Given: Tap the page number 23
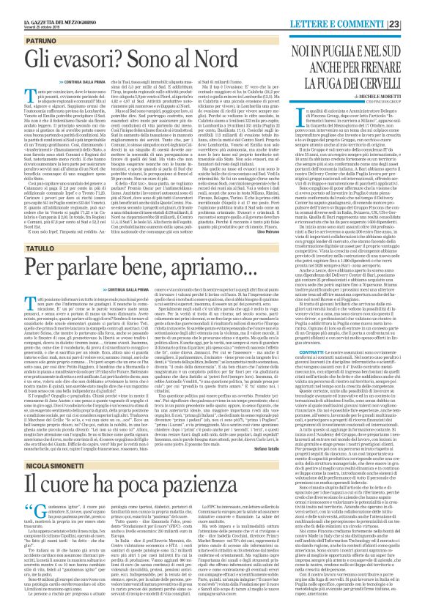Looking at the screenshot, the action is click(415, 7).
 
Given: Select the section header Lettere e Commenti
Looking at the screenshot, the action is click(363, 7).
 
